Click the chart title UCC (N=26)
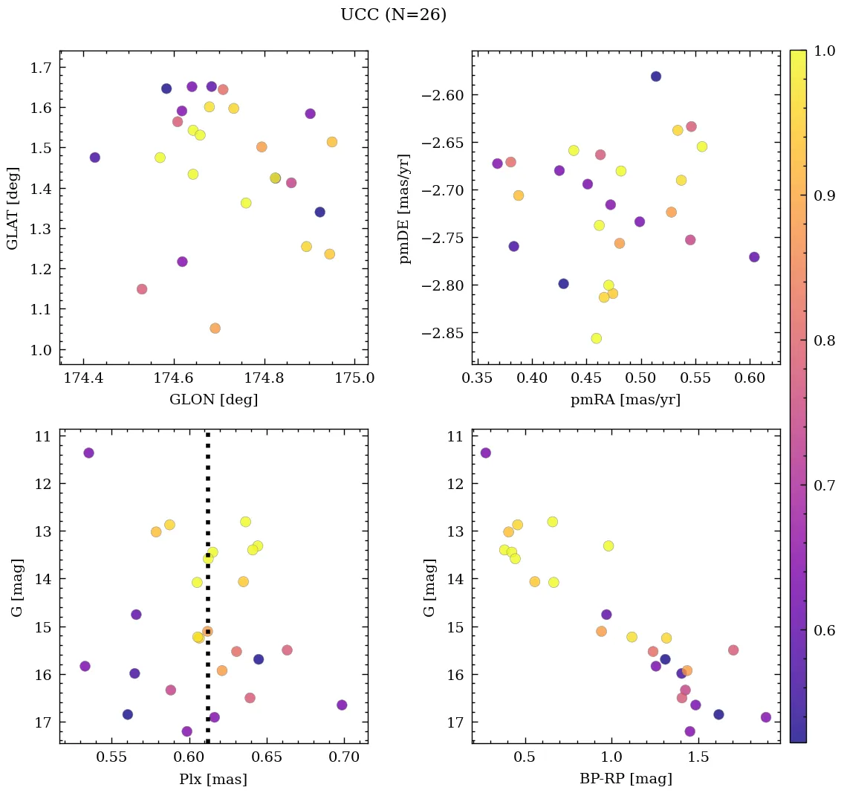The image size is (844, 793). point(393,15)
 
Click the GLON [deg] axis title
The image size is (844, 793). point(214,400)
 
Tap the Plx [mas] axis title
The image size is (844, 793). point(213,779)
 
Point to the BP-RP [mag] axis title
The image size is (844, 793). point(626,779)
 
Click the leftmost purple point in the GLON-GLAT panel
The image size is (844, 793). point(95,158)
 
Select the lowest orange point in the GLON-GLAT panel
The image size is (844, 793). point(215,328)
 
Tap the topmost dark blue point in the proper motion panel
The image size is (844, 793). point(656,77)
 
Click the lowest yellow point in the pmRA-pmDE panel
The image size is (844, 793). point(596,338)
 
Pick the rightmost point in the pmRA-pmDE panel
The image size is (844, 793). point(754,257)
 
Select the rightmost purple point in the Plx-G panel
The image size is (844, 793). point(342,705)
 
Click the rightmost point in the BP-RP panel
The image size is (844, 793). point(766,717)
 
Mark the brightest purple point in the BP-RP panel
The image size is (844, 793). point(486,453)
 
